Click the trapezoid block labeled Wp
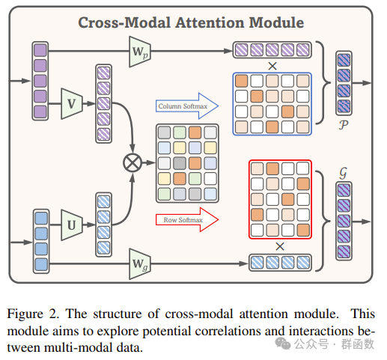coord(141,51)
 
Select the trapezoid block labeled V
coord(72,103)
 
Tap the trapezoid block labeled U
coord(72,224)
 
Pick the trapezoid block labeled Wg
coord(141,262)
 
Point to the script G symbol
coord(344,174)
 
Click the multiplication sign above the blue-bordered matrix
coord(271,66)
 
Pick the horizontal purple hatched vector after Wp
coord(271,51)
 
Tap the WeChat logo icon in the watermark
coord(283,344)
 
